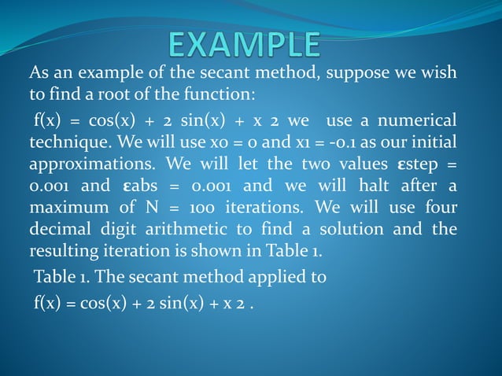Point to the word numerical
[415, 121]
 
